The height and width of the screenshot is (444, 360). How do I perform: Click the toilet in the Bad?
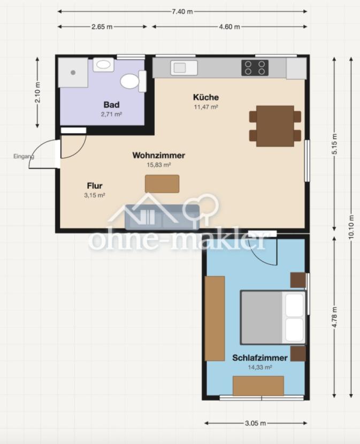coord(133,81)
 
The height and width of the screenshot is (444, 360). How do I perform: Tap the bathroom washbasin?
coord(103,65)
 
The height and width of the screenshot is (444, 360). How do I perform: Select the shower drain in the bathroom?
coord(73,73)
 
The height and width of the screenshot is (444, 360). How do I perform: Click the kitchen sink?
coord(184,68)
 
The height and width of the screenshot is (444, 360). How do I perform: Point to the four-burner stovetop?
coord(255,68)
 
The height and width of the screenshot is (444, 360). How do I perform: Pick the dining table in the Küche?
coord(275,126)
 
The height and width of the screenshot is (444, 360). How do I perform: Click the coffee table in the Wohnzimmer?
coord(162,184)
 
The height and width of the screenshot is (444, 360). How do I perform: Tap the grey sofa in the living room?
coord(162,217)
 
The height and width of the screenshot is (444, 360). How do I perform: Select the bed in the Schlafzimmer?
coord(273,317)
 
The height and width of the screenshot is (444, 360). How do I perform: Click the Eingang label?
coord(24,156)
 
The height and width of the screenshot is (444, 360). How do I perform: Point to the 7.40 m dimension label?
coord(182,12)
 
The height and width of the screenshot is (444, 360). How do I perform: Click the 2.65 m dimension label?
coord(102,27)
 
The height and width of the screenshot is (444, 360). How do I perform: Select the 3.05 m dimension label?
coord(256,423)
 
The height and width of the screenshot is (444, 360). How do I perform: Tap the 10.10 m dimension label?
coord(351,227)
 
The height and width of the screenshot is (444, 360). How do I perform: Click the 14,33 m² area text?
coord(260,368)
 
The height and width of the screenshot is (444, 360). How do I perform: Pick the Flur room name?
coord(95,186)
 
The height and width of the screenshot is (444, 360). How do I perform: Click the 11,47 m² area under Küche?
coord(206,107)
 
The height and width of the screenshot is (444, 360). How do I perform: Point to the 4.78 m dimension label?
coord(334,317)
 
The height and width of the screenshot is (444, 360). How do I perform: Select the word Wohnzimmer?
coord(159,155)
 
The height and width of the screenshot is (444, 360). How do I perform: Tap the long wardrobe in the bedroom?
coord(215,319)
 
